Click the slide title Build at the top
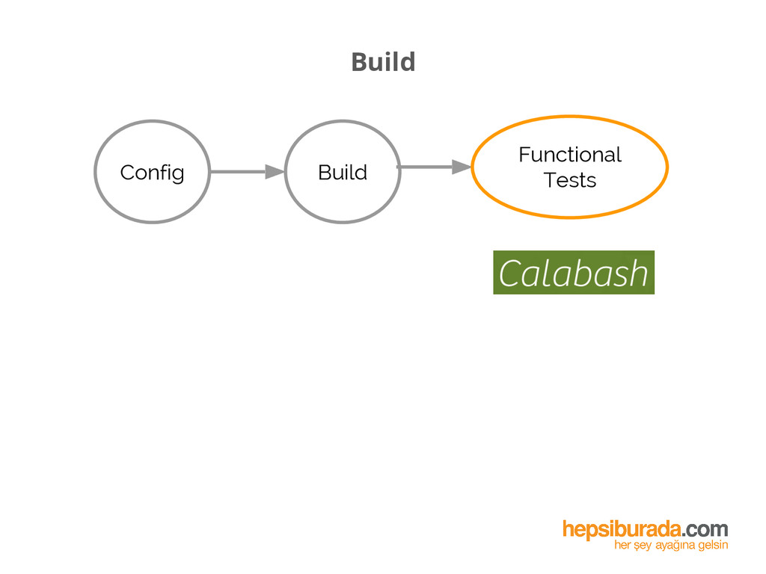(x=383, y=62)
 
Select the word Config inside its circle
(x=152, y=173)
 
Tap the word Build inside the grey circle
(x=343, y=173)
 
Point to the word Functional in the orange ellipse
(x=570, y=155)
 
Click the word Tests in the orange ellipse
(x=570, y=180)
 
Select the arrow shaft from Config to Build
(x=238, y=172)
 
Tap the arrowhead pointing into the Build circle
(x=275, y=172)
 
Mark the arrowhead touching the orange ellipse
(x=462, y=167)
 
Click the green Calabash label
(x=574, y=273)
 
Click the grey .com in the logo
(x=704, y=530)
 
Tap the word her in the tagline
(x=622, y=546)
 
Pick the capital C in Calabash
(x=510, y=274)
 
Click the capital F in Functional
(x=524, y=155)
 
